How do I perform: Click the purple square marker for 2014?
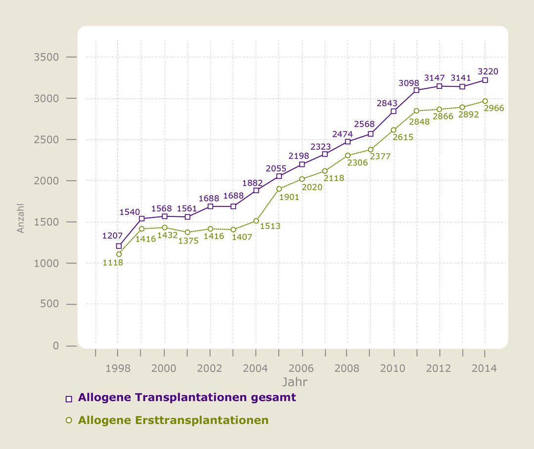485,80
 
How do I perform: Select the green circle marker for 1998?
119,254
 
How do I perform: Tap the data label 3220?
488,71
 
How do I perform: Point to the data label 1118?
113,263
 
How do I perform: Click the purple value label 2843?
387,103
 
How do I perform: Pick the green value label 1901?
289,197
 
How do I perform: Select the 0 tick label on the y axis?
56,346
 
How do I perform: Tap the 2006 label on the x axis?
301,368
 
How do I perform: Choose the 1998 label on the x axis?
118,368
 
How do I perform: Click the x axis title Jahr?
295,382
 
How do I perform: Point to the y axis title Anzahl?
21,218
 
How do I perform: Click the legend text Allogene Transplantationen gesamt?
187,398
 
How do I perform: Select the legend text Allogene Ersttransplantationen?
173,420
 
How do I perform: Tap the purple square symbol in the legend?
69,399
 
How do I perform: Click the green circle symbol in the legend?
69,420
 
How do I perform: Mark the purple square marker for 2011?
416,90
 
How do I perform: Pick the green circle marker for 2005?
279,189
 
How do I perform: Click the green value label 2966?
494,108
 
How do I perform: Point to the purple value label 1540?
130,212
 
